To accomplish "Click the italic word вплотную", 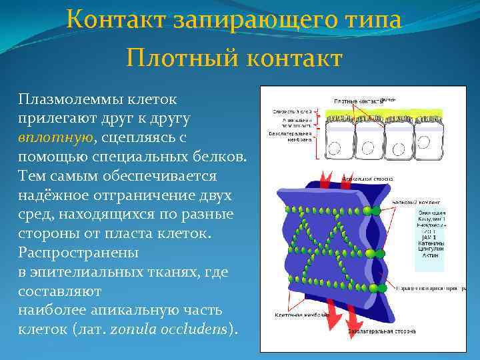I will coord(55,137).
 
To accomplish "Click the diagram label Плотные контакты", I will coord(356,101).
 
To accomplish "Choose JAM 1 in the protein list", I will coord(430,237).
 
